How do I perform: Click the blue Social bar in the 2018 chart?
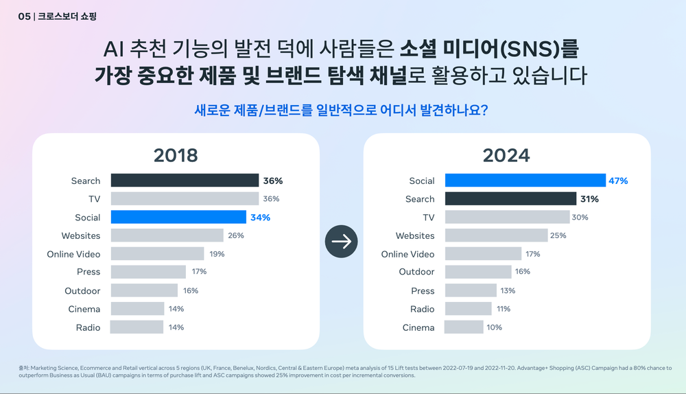point(178,217)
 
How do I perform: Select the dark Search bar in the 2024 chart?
point(510,199)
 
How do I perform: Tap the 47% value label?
point(618,181)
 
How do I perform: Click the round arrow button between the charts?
point(342,241)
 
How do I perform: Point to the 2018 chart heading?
point(176,155)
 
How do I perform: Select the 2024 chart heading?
point(506,155)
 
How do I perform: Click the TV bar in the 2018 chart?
point(184,199)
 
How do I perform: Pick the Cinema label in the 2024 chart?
point(418,327)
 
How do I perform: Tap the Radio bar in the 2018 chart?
point(137,327)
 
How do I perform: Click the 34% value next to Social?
point(260,217)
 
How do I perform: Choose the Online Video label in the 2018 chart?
point(73,254)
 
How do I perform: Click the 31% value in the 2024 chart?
point(589,199)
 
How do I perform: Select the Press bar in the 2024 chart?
point(471,290)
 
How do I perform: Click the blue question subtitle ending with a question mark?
point(342,110)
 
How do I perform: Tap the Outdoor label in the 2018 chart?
point(82,290)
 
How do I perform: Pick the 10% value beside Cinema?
point(494,327)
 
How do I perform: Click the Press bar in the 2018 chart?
point(148,272)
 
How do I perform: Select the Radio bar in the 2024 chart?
point(468,309)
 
